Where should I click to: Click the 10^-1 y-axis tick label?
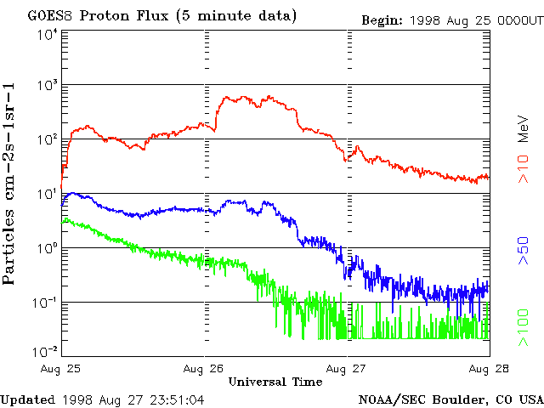coord(43,303)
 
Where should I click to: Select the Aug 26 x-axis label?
coord(205,369)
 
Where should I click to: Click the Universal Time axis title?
coord(275,382)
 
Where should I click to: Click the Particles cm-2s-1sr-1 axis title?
coord(11,184)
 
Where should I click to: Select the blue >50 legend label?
coord(524,254)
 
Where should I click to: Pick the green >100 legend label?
coord(524,328)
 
